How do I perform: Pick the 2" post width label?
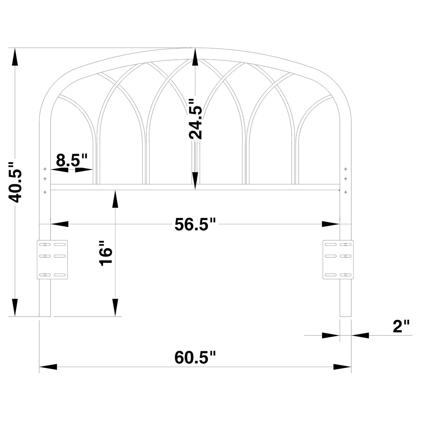click(401, 326)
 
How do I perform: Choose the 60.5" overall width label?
click(195, 358)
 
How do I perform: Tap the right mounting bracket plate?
click(338, 259)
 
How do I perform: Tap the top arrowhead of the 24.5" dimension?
click(195, 57)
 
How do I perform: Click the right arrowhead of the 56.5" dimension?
click(330, 224)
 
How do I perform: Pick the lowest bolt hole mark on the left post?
click(45, 191)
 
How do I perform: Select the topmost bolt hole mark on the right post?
click(345, 169)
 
